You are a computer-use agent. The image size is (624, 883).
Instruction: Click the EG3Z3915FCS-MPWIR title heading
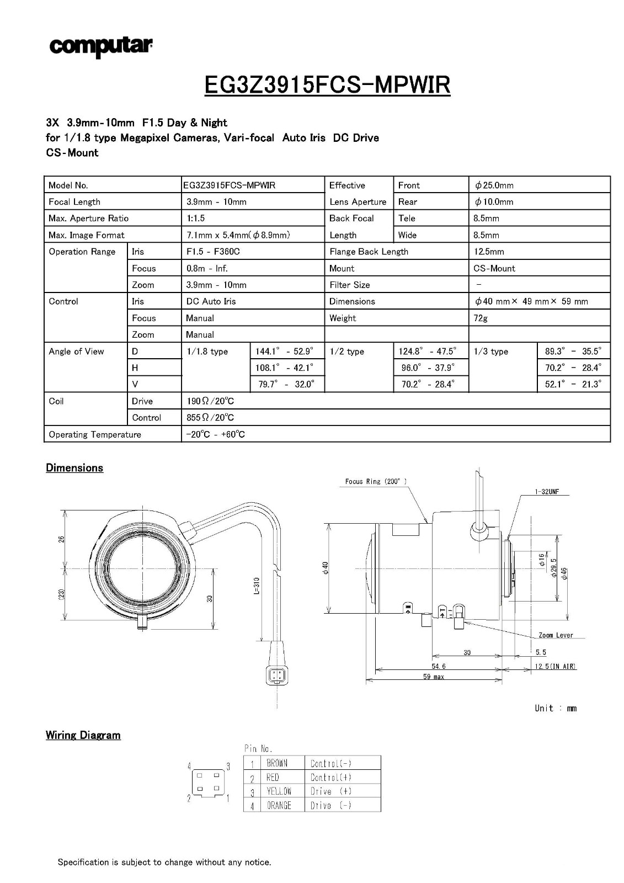point(327,84)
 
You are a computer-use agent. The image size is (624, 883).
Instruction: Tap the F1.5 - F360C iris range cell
point(213,252)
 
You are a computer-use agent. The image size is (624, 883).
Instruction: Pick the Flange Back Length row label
point(369,252)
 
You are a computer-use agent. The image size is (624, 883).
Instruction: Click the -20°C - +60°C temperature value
point(215,434)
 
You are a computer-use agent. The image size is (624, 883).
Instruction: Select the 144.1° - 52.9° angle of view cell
point(284,351)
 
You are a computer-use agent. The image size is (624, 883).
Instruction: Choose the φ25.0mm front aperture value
point(494,185)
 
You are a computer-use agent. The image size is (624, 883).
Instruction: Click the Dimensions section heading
point(74,468)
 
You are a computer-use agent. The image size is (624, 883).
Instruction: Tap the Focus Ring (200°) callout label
point(376,481)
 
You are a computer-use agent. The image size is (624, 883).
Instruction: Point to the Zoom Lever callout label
point(556,635)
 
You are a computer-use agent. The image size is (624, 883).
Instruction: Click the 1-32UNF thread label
point(547,492)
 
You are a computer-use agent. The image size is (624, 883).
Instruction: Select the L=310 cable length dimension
point(257,586)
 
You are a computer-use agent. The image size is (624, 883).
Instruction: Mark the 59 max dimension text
point(434,677)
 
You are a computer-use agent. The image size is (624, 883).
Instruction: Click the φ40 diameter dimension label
point(326,568)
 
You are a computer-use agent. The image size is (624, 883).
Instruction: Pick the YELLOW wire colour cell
point(279,791)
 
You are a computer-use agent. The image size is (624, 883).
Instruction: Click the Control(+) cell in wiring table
point(331,778)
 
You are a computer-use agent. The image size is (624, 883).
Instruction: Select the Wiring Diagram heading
point(83,735)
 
